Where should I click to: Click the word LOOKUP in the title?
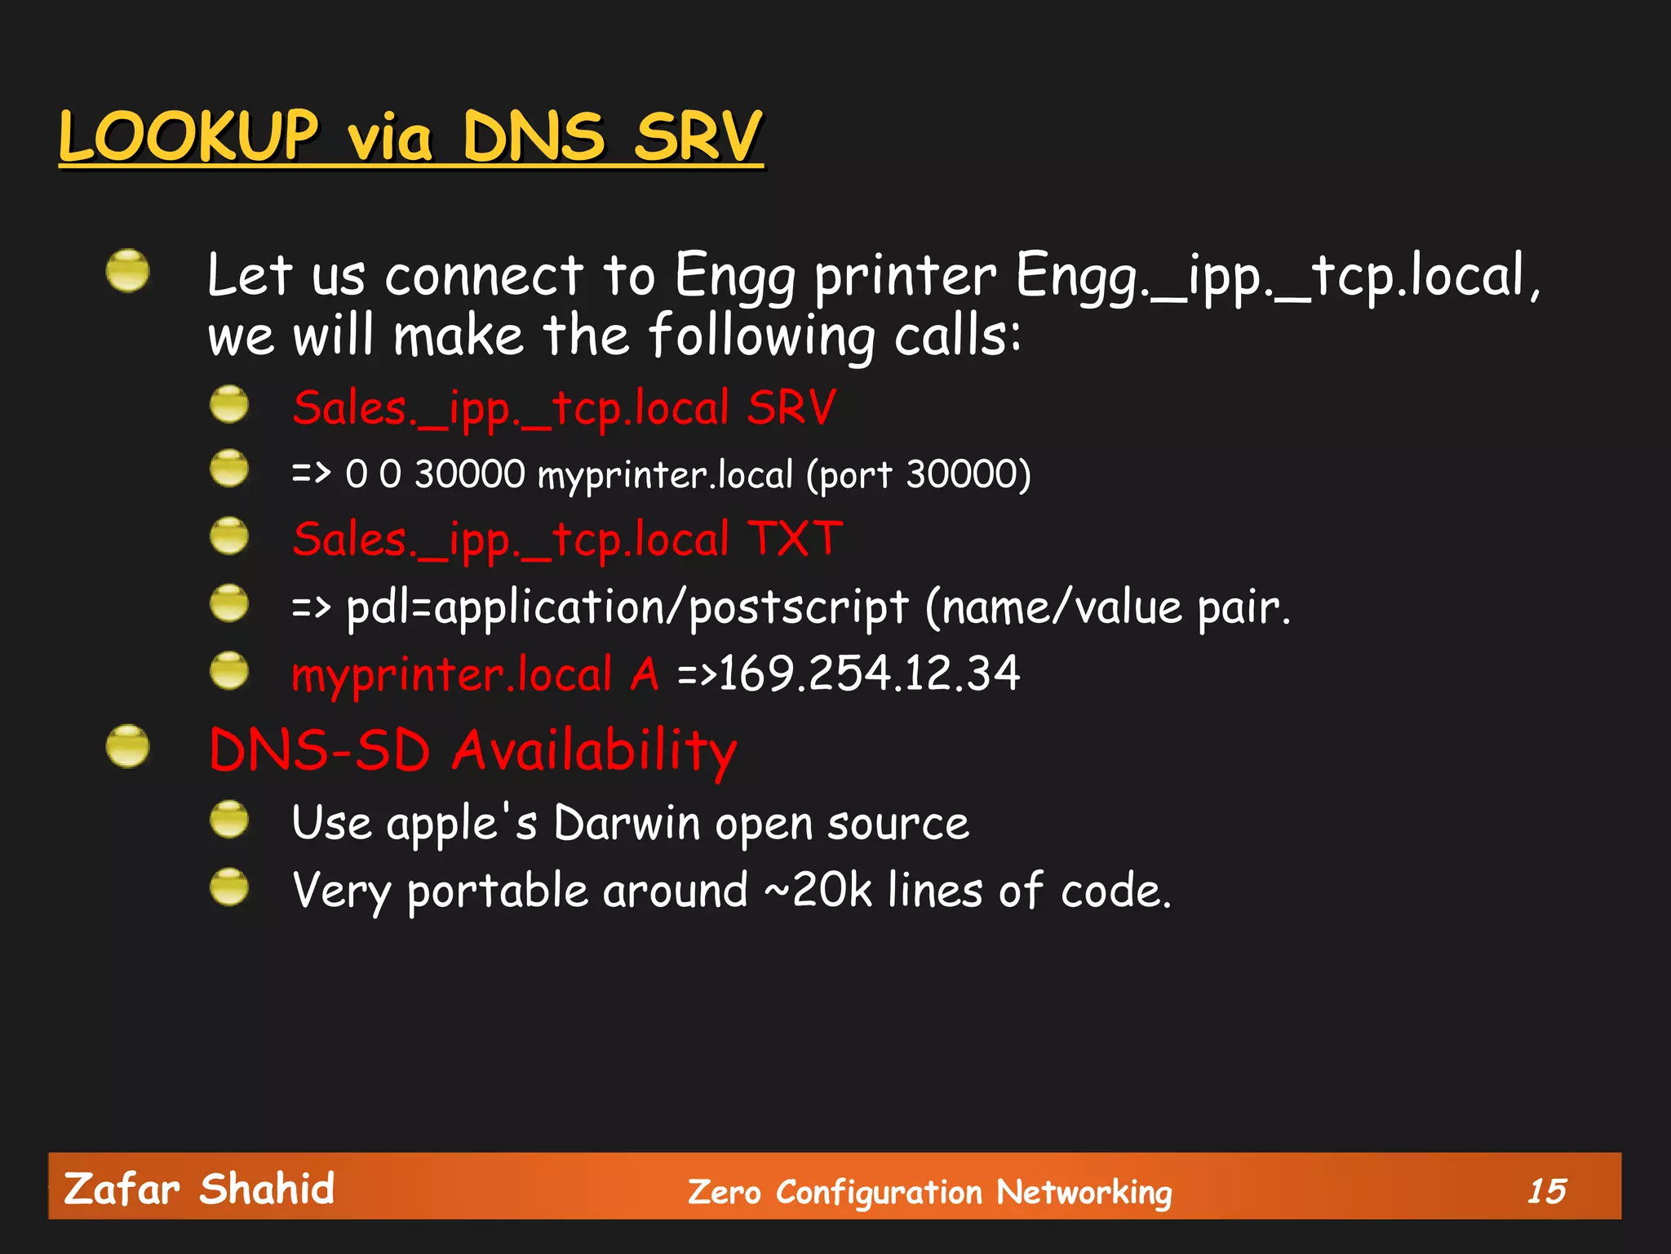coord(188,136)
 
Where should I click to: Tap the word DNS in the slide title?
coord(534,136)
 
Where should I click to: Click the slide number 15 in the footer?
coord(1546,1191)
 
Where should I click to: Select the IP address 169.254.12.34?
coord(869,674)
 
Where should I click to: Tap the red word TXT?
coord(796,540)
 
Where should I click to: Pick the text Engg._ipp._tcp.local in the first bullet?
coord(1270,276)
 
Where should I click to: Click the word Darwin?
coord(627,823)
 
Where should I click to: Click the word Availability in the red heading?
coord(595,750)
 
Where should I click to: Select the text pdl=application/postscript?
coord(627,608)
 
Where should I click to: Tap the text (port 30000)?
coord(919,475)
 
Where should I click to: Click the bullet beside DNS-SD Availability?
coord(127,746)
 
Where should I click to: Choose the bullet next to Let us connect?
coord(127,271)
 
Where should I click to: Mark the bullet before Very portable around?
coord(229,887)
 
